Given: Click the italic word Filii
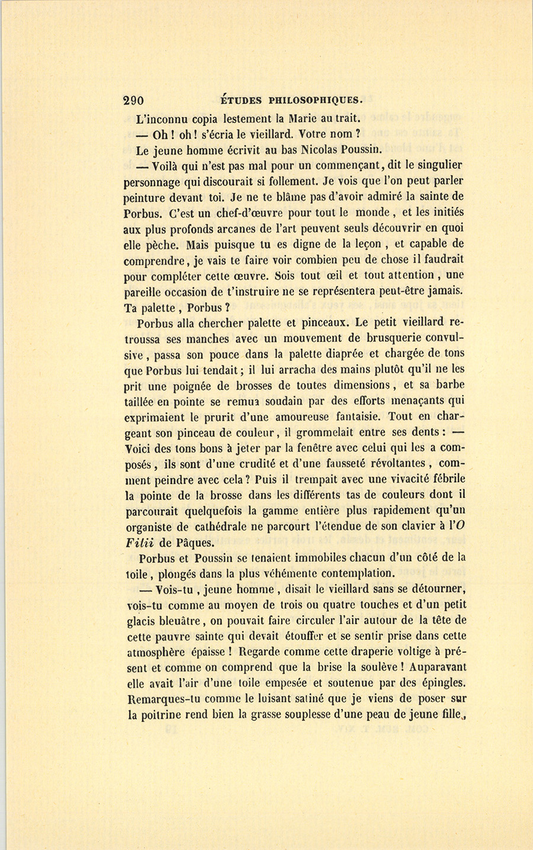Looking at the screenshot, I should (140, 543).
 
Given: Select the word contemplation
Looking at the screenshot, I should (351, 573).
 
